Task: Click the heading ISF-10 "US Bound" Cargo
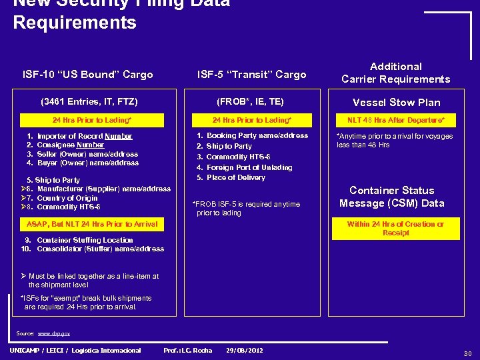coord(87,75)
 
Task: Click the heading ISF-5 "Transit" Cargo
coord(251,75)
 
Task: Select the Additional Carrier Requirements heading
coord(396,73)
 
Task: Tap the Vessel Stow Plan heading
coord(396,102)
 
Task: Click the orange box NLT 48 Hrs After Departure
coord(396,120)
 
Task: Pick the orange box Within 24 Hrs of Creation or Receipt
coord(396,229)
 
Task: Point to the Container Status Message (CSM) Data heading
coord(392,197)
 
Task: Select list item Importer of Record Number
coord(84,136)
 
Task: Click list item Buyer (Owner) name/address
coord(87,163)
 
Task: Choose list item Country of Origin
coord(67,198)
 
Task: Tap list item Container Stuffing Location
coord(85,240)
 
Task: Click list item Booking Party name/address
coord(257,135)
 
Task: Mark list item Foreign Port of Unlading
coord(249,167)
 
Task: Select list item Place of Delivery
coord(235,177)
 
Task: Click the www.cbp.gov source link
coord(53,333)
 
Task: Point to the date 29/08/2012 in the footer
coord(245,350)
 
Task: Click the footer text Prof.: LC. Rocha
coord(187,350)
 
